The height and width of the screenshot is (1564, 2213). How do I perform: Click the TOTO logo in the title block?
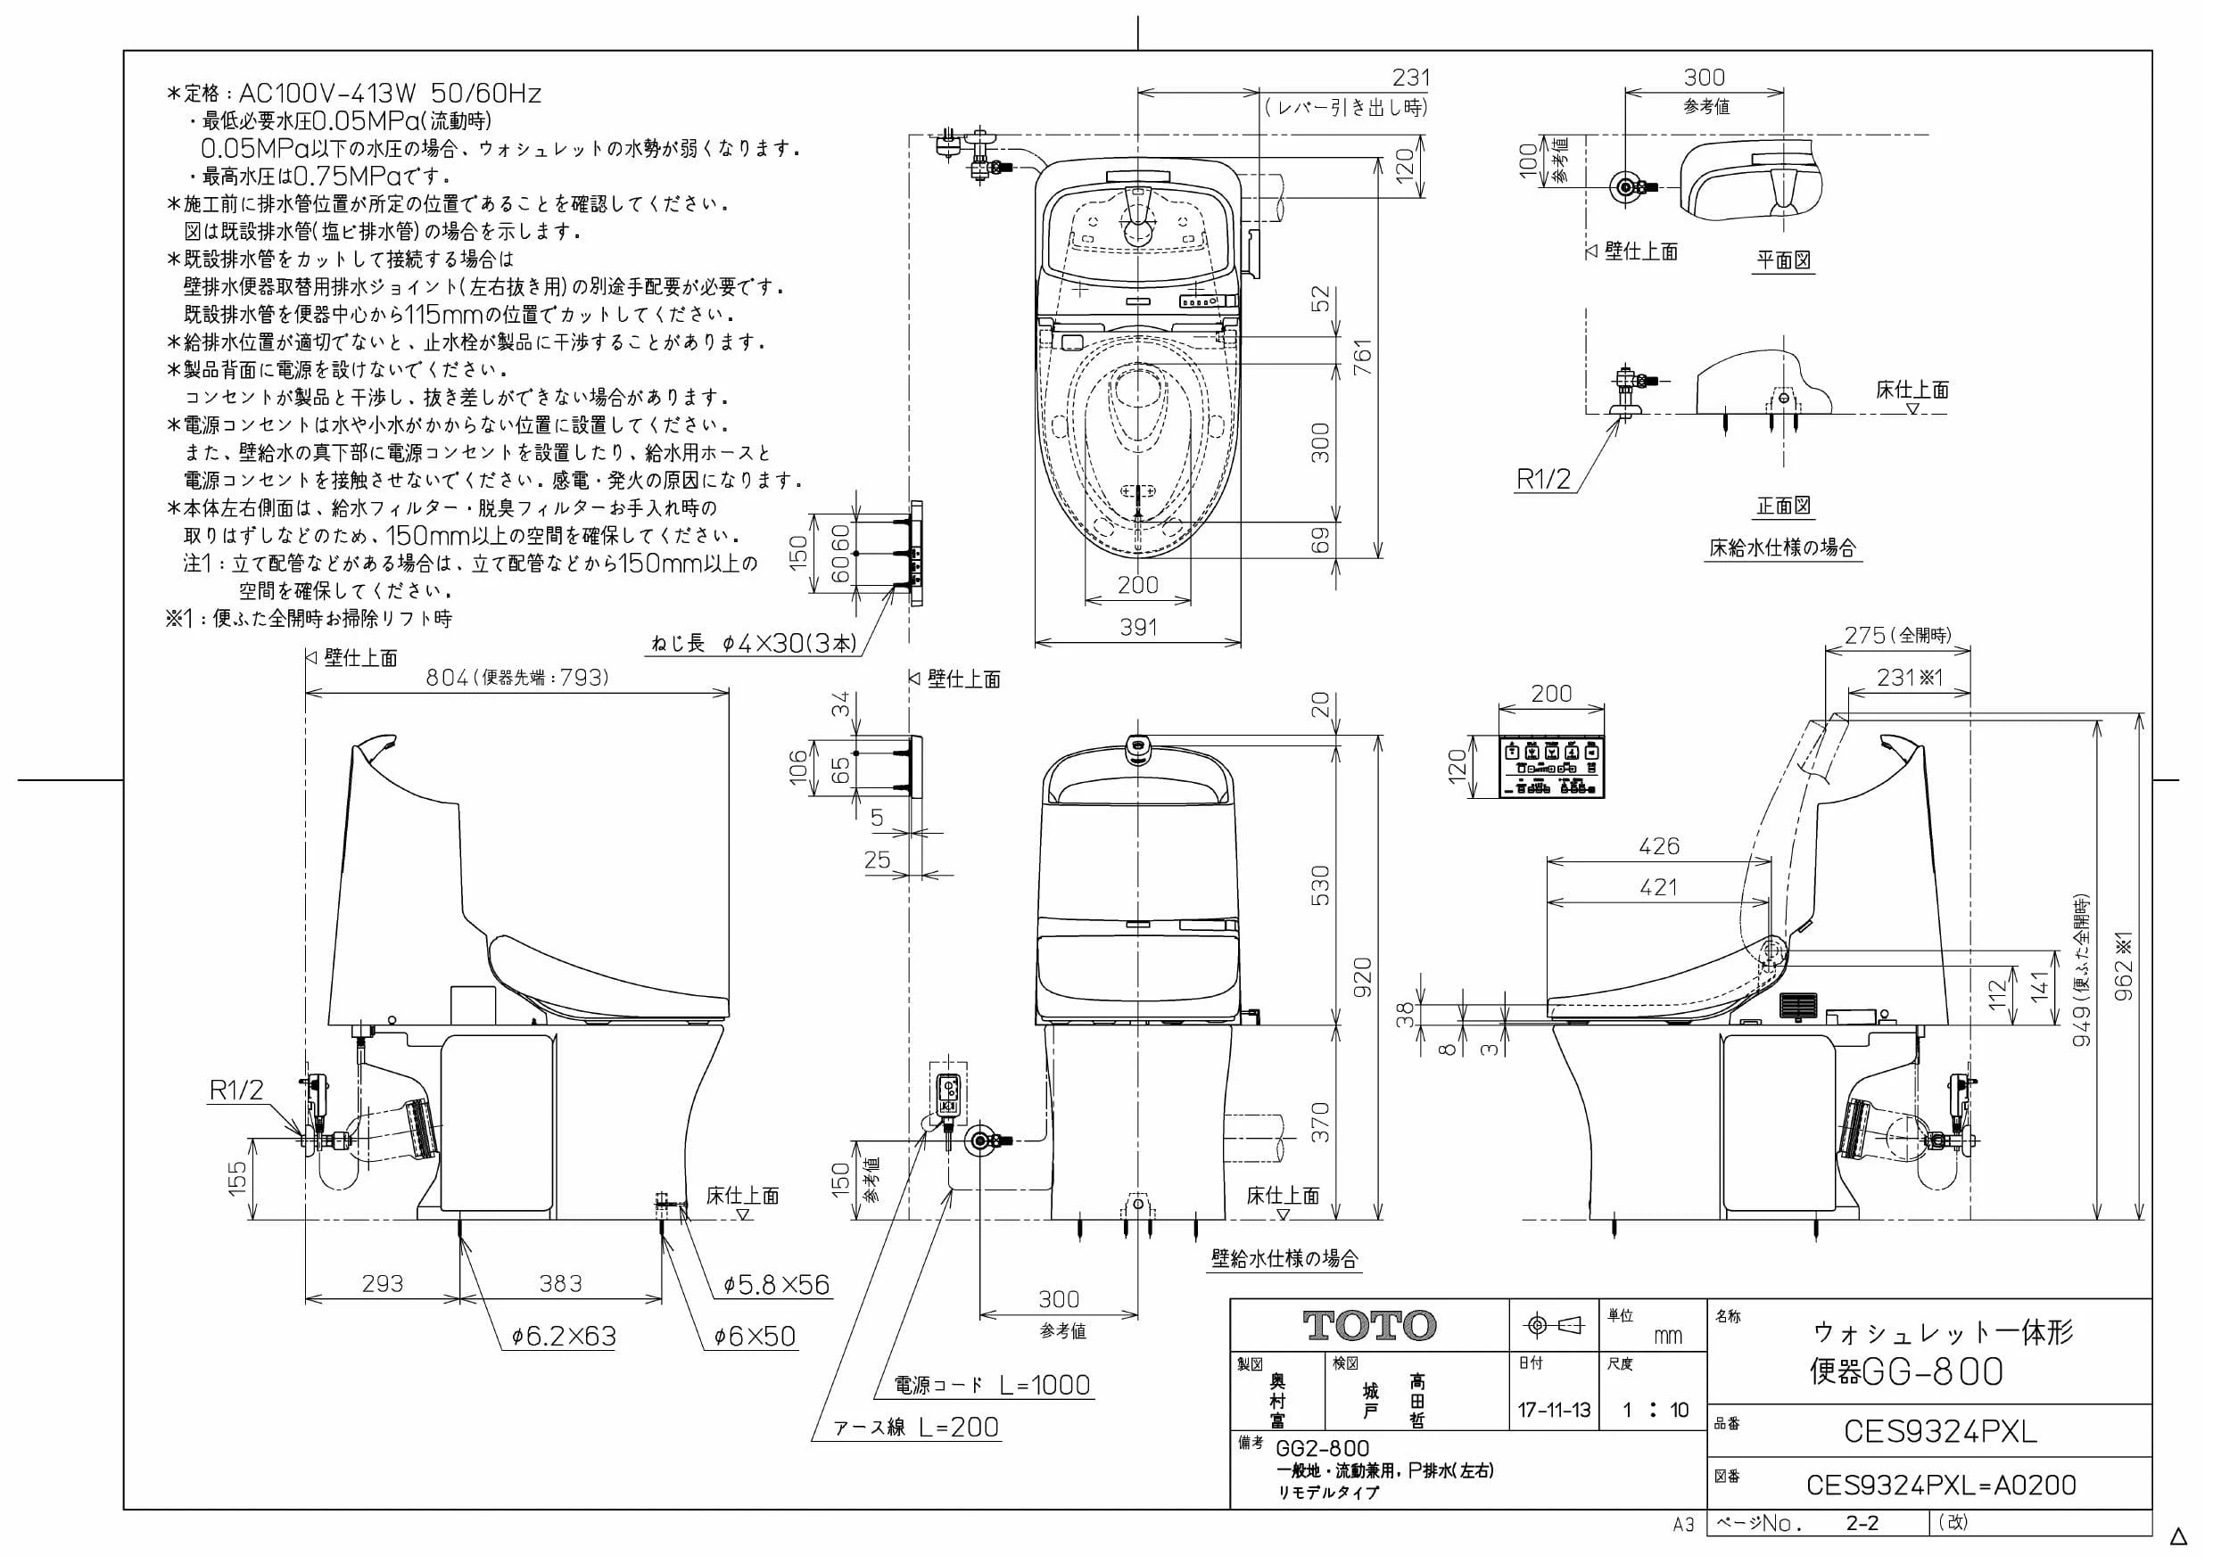[1368, 1325]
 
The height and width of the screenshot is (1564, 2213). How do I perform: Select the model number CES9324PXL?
[1939, 1432]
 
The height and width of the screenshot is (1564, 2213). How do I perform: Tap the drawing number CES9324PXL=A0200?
[1940, 1485]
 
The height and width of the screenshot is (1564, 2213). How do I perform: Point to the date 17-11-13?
[1554, 1411]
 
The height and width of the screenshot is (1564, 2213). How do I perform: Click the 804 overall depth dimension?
[447, 678]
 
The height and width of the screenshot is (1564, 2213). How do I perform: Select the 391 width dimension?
[1137, 628]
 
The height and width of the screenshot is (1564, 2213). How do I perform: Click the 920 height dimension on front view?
[1362, 977]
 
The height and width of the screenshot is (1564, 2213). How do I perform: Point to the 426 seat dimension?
[1659, 846]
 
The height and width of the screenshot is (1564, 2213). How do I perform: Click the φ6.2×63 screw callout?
[564, 1337]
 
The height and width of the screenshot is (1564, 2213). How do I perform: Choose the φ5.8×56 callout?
[776, 1285]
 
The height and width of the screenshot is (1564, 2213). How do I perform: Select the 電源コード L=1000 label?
[993, 1385]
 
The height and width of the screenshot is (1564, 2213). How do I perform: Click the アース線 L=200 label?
[917, 1428]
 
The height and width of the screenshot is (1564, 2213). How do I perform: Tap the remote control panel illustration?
[1552, 767]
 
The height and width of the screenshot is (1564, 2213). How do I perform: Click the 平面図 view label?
[1783, 259]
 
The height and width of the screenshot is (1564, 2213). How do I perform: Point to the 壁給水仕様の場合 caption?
[1284, 1257]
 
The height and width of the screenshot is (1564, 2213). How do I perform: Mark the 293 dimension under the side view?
[383, 1284]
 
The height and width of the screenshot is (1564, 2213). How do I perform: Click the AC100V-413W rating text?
[326, 94]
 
